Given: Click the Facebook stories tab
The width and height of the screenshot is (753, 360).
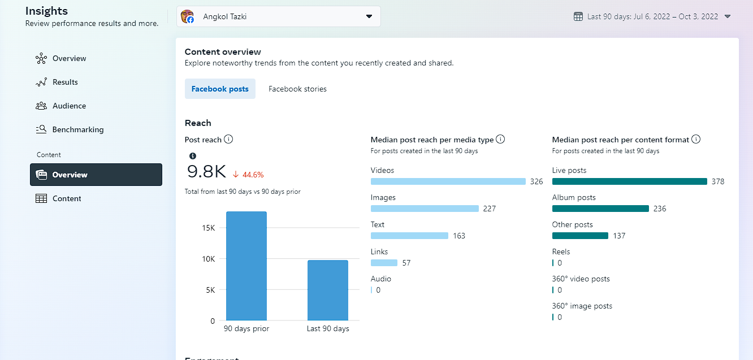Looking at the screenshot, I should click(297, 89).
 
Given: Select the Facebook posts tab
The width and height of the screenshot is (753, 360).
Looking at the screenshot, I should click(220, 89).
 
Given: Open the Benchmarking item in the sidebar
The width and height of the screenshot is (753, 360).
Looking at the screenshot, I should click(77, 129).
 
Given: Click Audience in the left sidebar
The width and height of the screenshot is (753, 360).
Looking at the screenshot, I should click(69, 106).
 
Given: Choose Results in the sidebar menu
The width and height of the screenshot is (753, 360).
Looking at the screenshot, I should click(65, 82).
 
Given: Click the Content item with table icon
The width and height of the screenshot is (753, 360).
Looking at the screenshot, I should click(67, 198).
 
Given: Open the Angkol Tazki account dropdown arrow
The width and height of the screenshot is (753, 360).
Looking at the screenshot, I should click(369, 16).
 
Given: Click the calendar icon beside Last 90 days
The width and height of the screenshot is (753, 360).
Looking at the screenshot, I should click(578, 16).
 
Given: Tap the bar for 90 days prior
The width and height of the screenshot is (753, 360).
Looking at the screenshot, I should click(246, 266).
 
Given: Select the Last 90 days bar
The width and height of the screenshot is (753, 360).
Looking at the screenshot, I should click(328, 290).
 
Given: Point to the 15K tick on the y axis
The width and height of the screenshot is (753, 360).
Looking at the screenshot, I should click(209, 228).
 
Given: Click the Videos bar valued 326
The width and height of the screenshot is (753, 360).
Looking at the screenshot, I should click(448, 181).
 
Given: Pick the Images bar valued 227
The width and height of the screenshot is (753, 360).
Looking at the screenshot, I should click(425, 209).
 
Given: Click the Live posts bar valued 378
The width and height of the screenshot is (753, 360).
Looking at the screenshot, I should click(629, 181).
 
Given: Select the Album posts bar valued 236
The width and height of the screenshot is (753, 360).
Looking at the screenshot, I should click(600, 209).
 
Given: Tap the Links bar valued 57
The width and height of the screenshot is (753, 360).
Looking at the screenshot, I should click(384, 263).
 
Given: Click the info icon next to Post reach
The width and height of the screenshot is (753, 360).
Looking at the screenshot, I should click(228, 140).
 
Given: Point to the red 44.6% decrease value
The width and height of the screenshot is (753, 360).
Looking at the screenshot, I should click(253, 175).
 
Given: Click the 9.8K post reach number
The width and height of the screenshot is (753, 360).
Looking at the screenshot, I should click(206, 172).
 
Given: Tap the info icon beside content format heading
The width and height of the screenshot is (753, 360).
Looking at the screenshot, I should click(696, 140).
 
